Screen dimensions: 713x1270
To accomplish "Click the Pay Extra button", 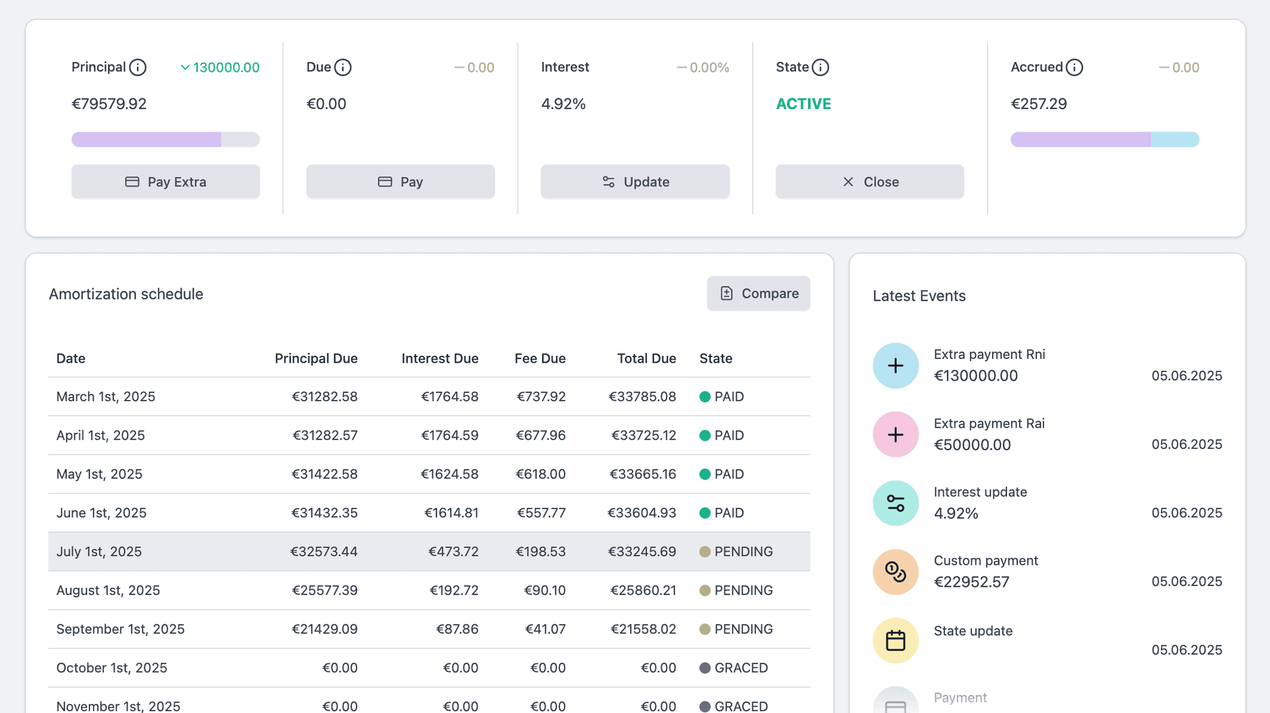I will pyautogui.click(x=166, y=182).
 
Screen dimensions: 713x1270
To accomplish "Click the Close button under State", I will pyautogui.click(x=869, y=182).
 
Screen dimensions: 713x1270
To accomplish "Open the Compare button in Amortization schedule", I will pyautogui.click(x=758, y=293).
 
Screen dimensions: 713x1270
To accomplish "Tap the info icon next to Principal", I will pyautogui.click(x=138, y=67).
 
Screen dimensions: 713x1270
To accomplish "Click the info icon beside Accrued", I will pyautogui.click(x=1074, y=67).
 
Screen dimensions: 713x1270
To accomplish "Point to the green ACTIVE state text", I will pyautogui.click(x=803, y=104).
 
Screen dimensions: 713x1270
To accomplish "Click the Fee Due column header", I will pyautogui.click(x=540, y=358).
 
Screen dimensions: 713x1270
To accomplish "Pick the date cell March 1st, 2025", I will pyautogui.click(x=106, y=396).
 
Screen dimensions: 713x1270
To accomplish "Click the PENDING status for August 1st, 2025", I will pyautogui.click(x=743, y=590).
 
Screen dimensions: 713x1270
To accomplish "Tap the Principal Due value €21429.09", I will pyautogui.click(x=324, y=629).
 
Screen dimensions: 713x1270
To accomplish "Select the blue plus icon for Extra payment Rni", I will pyautogui.click(x=895, y=366).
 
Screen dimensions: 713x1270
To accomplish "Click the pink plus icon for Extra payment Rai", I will pyautogui.click(x=895, y=435).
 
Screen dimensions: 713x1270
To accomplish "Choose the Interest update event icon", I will pyautogui.click(x=895, y=503).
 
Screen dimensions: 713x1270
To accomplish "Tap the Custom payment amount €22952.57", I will pyautogui.click(x=972, y=582).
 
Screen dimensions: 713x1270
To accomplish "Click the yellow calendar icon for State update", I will pyautogui.click(x=895, y=640).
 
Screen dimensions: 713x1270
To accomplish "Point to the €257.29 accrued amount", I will pyautogui.click(x=1039, y=104).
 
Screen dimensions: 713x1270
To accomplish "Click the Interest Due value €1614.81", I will pyautogui.click(x=451, y=513).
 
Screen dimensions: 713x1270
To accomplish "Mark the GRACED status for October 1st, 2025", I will pyautogui.click(x=740, y=668).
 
